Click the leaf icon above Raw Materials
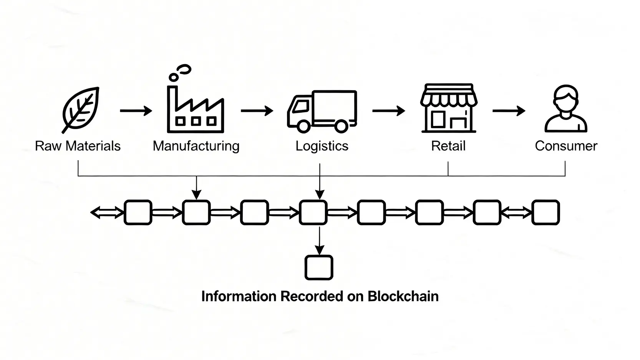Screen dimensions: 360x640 pos(81,110)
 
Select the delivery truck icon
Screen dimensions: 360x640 pos(322,111)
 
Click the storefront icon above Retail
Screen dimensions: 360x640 pos(449,108)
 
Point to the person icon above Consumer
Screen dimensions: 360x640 pos(566,109)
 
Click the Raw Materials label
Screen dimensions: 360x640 pos(78,146)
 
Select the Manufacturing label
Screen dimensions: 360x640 pos(196,146)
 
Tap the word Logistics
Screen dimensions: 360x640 pos(322,146)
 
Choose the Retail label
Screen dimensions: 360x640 pos(448,146)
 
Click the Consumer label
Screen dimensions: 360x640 pos(566,146)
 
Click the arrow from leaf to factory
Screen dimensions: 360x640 pos(136,111)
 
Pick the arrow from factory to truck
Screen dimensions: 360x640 pos(257,111)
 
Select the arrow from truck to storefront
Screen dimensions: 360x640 pos(388,111)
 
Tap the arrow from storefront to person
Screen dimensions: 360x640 pos(509,111)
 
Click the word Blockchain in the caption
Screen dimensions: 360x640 pos(403,296)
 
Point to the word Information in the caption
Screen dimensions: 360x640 pos(239,296)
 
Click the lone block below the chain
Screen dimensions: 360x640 pos(319,267)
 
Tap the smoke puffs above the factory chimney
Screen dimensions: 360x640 pos(181,73)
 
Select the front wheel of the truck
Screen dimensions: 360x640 pos(303,126)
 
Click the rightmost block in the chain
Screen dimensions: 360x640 pos(545,212)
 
